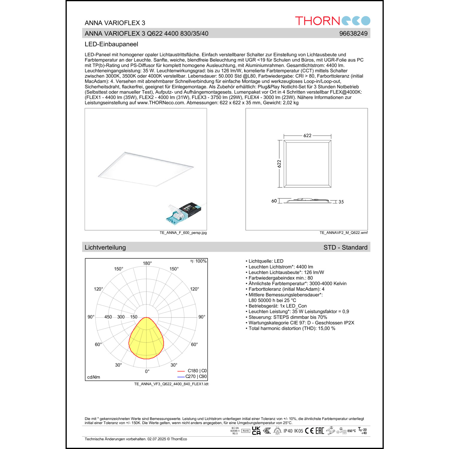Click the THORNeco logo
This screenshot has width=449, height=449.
point(333,21)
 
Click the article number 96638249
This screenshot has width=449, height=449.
point(353,34)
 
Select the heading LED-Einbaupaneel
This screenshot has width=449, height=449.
point(111,44)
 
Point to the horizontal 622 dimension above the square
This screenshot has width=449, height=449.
point(307,136)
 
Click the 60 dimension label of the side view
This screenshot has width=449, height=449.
point(274,201)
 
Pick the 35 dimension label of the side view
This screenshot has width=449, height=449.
point(341,202)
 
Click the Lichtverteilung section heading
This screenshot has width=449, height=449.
point(105,248)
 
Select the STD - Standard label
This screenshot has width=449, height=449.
point(345,248)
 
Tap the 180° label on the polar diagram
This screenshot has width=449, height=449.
point(147,263)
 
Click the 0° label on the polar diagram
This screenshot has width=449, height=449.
point(147,371)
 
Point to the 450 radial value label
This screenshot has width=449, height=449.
point(108,317)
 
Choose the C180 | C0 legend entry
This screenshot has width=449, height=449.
point(197,371)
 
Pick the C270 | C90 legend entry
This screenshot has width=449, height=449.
point(196,377)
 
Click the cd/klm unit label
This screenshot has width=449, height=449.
point(94,377)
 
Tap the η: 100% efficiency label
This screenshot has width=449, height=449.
point(198,261)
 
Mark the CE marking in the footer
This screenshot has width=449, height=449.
point(309,431)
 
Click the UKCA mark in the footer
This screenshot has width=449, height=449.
point(256,431)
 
